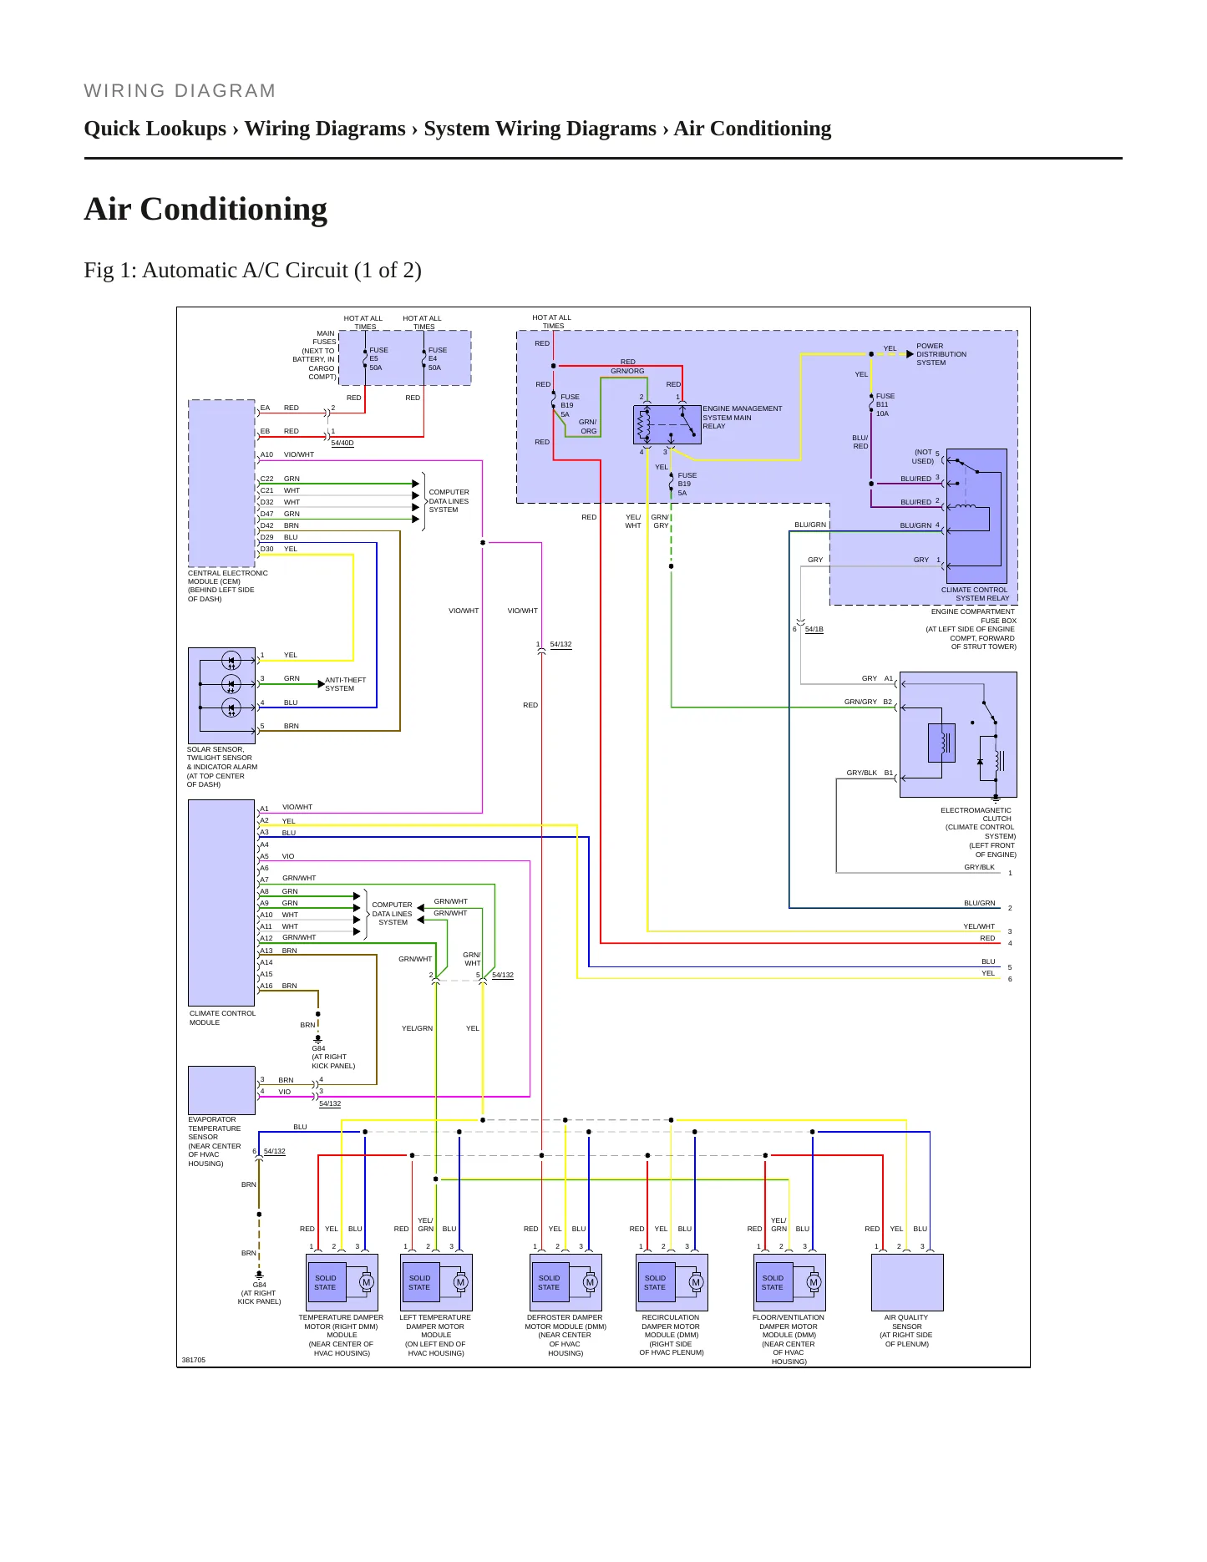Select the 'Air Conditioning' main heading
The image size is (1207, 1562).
click(205, 210)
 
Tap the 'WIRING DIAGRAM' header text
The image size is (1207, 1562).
click(180, 91)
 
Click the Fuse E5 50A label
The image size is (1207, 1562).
click(378, 359)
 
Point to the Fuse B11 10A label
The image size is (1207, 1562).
click(885, 405)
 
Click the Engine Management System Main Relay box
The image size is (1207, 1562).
click(667, 424)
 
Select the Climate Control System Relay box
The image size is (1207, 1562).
click(976, 516)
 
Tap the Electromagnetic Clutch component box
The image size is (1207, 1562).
click(958, 734)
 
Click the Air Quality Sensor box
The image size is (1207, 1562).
click(907, 1282)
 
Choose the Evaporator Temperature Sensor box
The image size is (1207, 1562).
click(221, 1090)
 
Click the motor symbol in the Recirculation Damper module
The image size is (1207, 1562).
click(696, 1282)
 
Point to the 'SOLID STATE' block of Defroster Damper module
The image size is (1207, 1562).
click(549, 1282)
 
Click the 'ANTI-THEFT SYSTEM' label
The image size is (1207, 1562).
click(345, 684)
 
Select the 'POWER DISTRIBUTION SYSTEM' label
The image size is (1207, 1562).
click(941, 354)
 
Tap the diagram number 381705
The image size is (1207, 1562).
click(194, 1360)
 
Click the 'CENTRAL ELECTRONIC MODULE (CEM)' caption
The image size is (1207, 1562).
click(228, 577)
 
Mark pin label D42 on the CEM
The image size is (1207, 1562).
click(266, 525)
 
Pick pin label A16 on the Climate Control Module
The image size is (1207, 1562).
click(266, 986)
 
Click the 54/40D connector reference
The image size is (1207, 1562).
click(342, 443)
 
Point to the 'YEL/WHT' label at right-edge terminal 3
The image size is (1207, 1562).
click(979, 926)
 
